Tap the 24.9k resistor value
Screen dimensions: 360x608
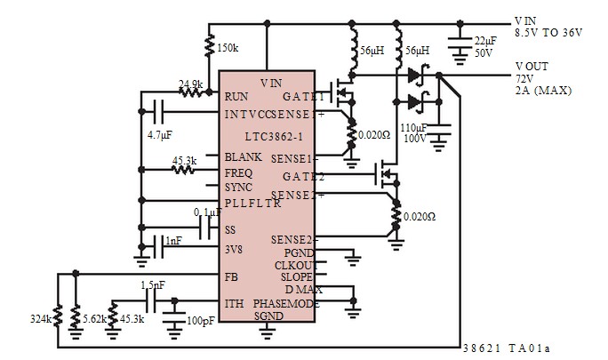click(190, 85)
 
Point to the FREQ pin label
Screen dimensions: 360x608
click(239, 172)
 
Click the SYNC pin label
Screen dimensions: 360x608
click(239, 188)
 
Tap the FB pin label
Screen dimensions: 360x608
click(232, 276)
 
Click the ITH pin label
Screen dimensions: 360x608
click(235, 303)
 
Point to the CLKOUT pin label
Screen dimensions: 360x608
click(294, 264)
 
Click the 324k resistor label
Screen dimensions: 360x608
click(39, 317)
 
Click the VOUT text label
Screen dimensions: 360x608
click(532, 67)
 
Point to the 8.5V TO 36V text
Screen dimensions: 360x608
click(548, 32)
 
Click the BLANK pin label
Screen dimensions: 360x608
click(243, 156)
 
